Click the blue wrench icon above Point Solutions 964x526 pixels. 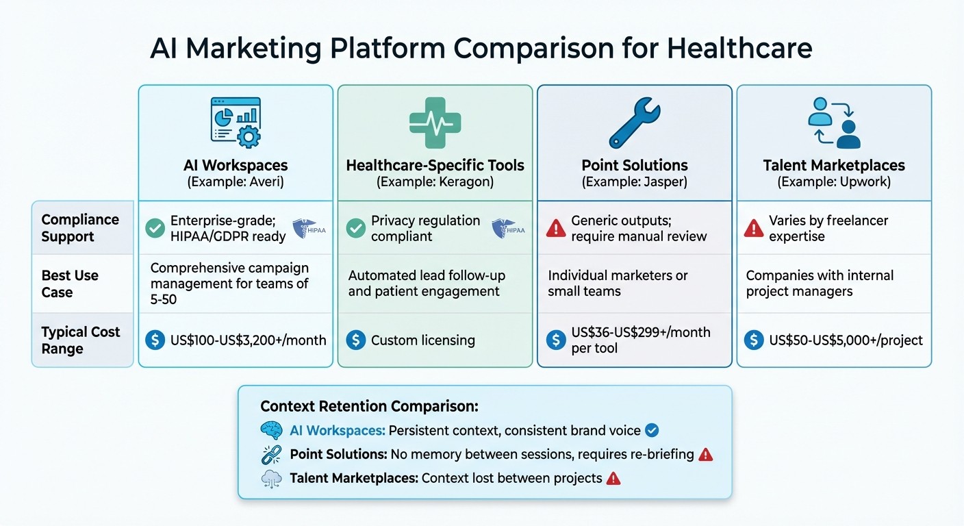(634, 123)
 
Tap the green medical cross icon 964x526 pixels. (435, 123)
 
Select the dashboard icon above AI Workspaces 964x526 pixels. (236, 123)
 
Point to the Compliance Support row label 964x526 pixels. (80, 228)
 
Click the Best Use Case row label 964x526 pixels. (70, 284)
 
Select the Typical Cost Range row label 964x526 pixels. (80, 340)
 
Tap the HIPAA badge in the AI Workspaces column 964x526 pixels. (309, 228)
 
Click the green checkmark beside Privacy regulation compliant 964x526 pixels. (355, 228)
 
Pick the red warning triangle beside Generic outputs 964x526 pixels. (555, 228)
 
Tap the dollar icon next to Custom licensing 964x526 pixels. (355, 340)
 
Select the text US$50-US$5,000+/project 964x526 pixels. (846, 340)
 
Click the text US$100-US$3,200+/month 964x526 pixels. (248, 340)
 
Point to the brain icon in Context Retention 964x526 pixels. (272, 431)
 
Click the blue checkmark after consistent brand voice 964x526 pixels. (652, 431)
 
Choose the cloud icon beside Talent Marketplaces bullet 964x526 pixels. (272, 478)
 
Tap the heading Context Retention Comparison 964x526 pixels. (369, 406)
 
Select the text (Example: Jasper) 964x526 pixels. (634, 182)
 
